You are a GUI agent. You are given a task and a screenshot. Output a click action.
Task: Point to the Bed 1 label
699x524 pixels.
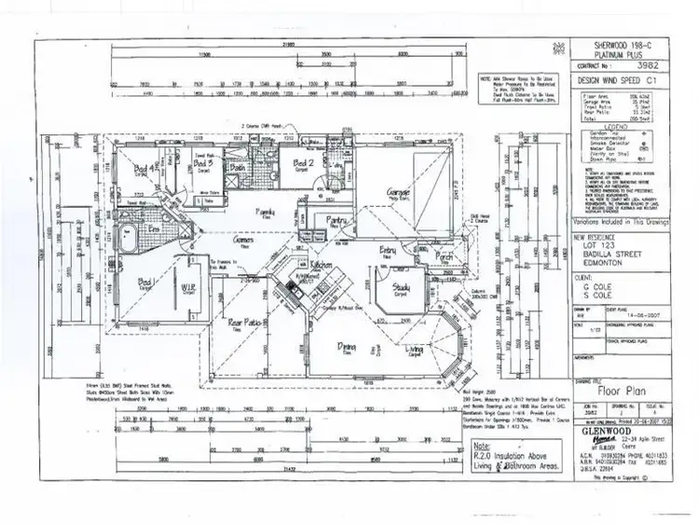click(144, 282)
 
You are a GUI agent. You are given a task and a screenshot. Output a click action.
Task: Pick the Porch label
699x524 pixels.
click(444, 255)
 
